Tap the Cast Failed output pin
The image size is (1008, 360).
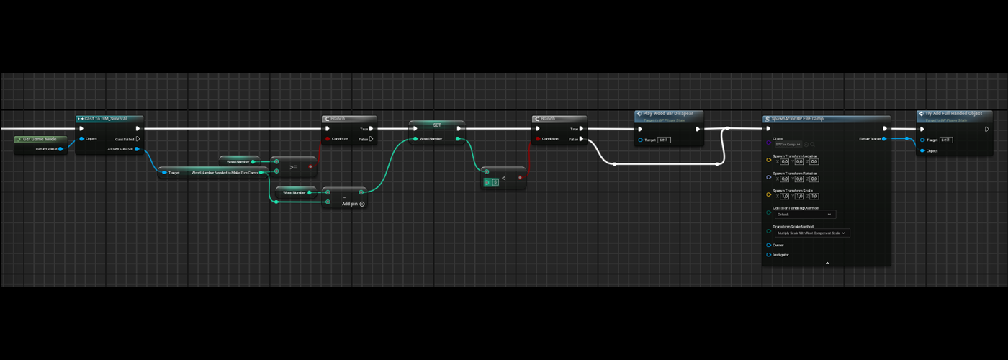[x=138, y=139]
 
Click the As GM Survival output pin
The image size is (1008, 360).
[x=137, y=149]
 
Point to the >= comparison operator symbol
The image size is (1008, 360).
[x=293, y=167]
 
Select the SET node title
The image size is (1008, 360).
[x=436, y=125]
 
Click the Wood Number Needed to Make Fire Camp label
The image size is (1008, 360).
[x=224, y=173]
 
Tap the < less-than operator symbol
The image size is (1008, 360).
[x=503, y=178]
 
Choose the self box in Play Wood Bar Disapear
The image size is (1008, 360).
[x=664, y=140]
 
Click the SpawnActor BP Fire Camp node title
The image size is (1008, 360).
[x=797, y=119]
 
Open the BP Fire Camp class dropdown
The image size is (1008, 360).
[x=788, y=145]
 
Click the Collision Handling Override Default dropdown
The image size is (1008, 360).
[x=804, y=215]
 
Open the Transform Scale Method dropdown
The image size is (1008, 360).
[x=812, y=233]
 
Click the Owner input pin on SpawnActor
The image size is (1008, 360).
[x=769, y=246]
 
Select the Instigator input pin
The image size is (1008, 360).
[x=769, y=255]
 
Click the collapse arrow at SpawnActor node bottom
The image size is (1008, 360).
[x=827, y=264]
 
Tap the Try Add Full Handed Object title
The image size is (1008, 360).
[x=953, y=114]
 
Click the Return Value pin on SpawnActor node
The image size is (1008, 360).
[x=884, y=139]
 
